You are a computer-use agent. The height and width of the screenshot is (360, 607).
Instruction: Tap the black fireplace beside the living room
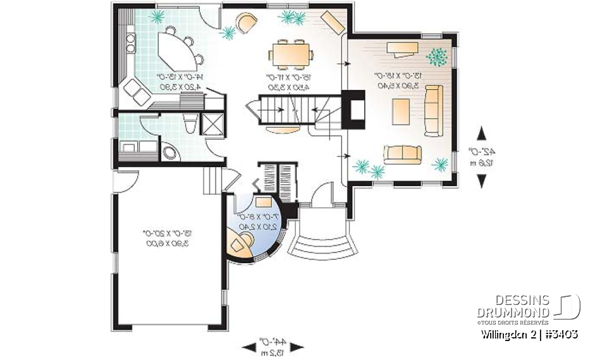353,111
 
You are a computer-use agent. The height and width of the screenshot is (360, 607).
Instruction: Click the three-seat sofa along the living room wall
434,111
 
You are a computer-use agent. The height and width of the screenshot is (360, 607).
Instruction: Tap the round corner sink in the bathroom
169,152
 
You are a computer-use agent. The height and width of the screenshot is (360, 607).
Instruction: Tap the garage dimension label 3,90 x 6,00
168,243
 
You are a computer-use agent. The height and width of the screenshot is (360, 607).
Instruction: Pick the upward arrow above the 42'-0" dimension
481,133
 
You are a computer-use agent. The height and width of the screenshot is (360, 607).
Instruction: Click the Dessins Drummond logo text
513,306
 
